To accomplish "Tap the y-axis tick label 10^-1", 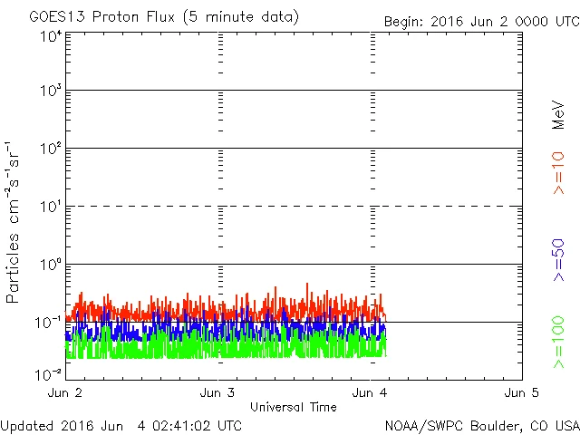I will (x=49, y=322).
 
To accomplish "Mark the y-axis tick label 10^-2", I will (x=49, y=373).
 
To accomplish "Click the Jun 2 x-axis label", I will (x=65, y=393).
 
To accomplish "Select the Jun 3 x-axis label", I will (x=217, y=393).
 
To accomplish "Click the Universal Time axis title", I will (x=294, y=407).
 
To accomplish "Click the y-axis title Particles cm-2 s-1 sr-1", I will (x=14, y=222).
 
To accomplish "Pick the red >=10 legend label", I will (x=558, y=172).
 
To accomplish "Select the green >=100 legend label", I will (x=558, y=342).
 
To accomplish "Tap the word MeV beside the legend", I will (x=558, y=117).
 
